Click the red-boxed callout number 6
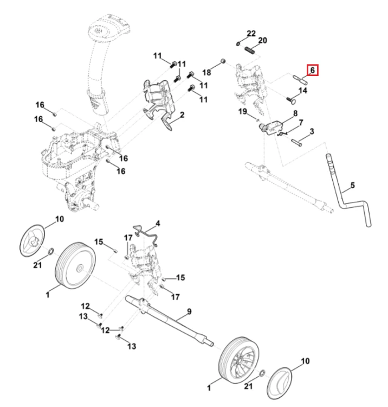[x=313, y=70]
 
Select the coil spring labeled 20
[x=250, y=50]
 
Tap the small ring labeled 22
[x=238, y=43]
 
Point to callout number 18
[x=206, y=72]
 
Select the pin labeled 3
[x=296, y=142]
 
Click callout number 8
[x=295, y=113]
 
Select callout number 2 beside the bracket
[x=182, y=115]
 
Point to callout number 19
[x=243, y=112]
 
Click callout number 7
[x=301, y=123]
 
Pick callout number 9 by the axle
[x=189, y=311]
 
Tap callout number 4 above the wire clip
[x=158, y=223]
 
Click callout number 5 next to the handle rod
[x=352, y=186]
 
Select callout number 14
[x=303, y=91]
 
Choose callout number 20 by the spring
[x=263, y=41]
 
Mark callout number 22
[x=251, y=34]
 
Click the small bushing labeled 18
[x=223, y=61]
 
